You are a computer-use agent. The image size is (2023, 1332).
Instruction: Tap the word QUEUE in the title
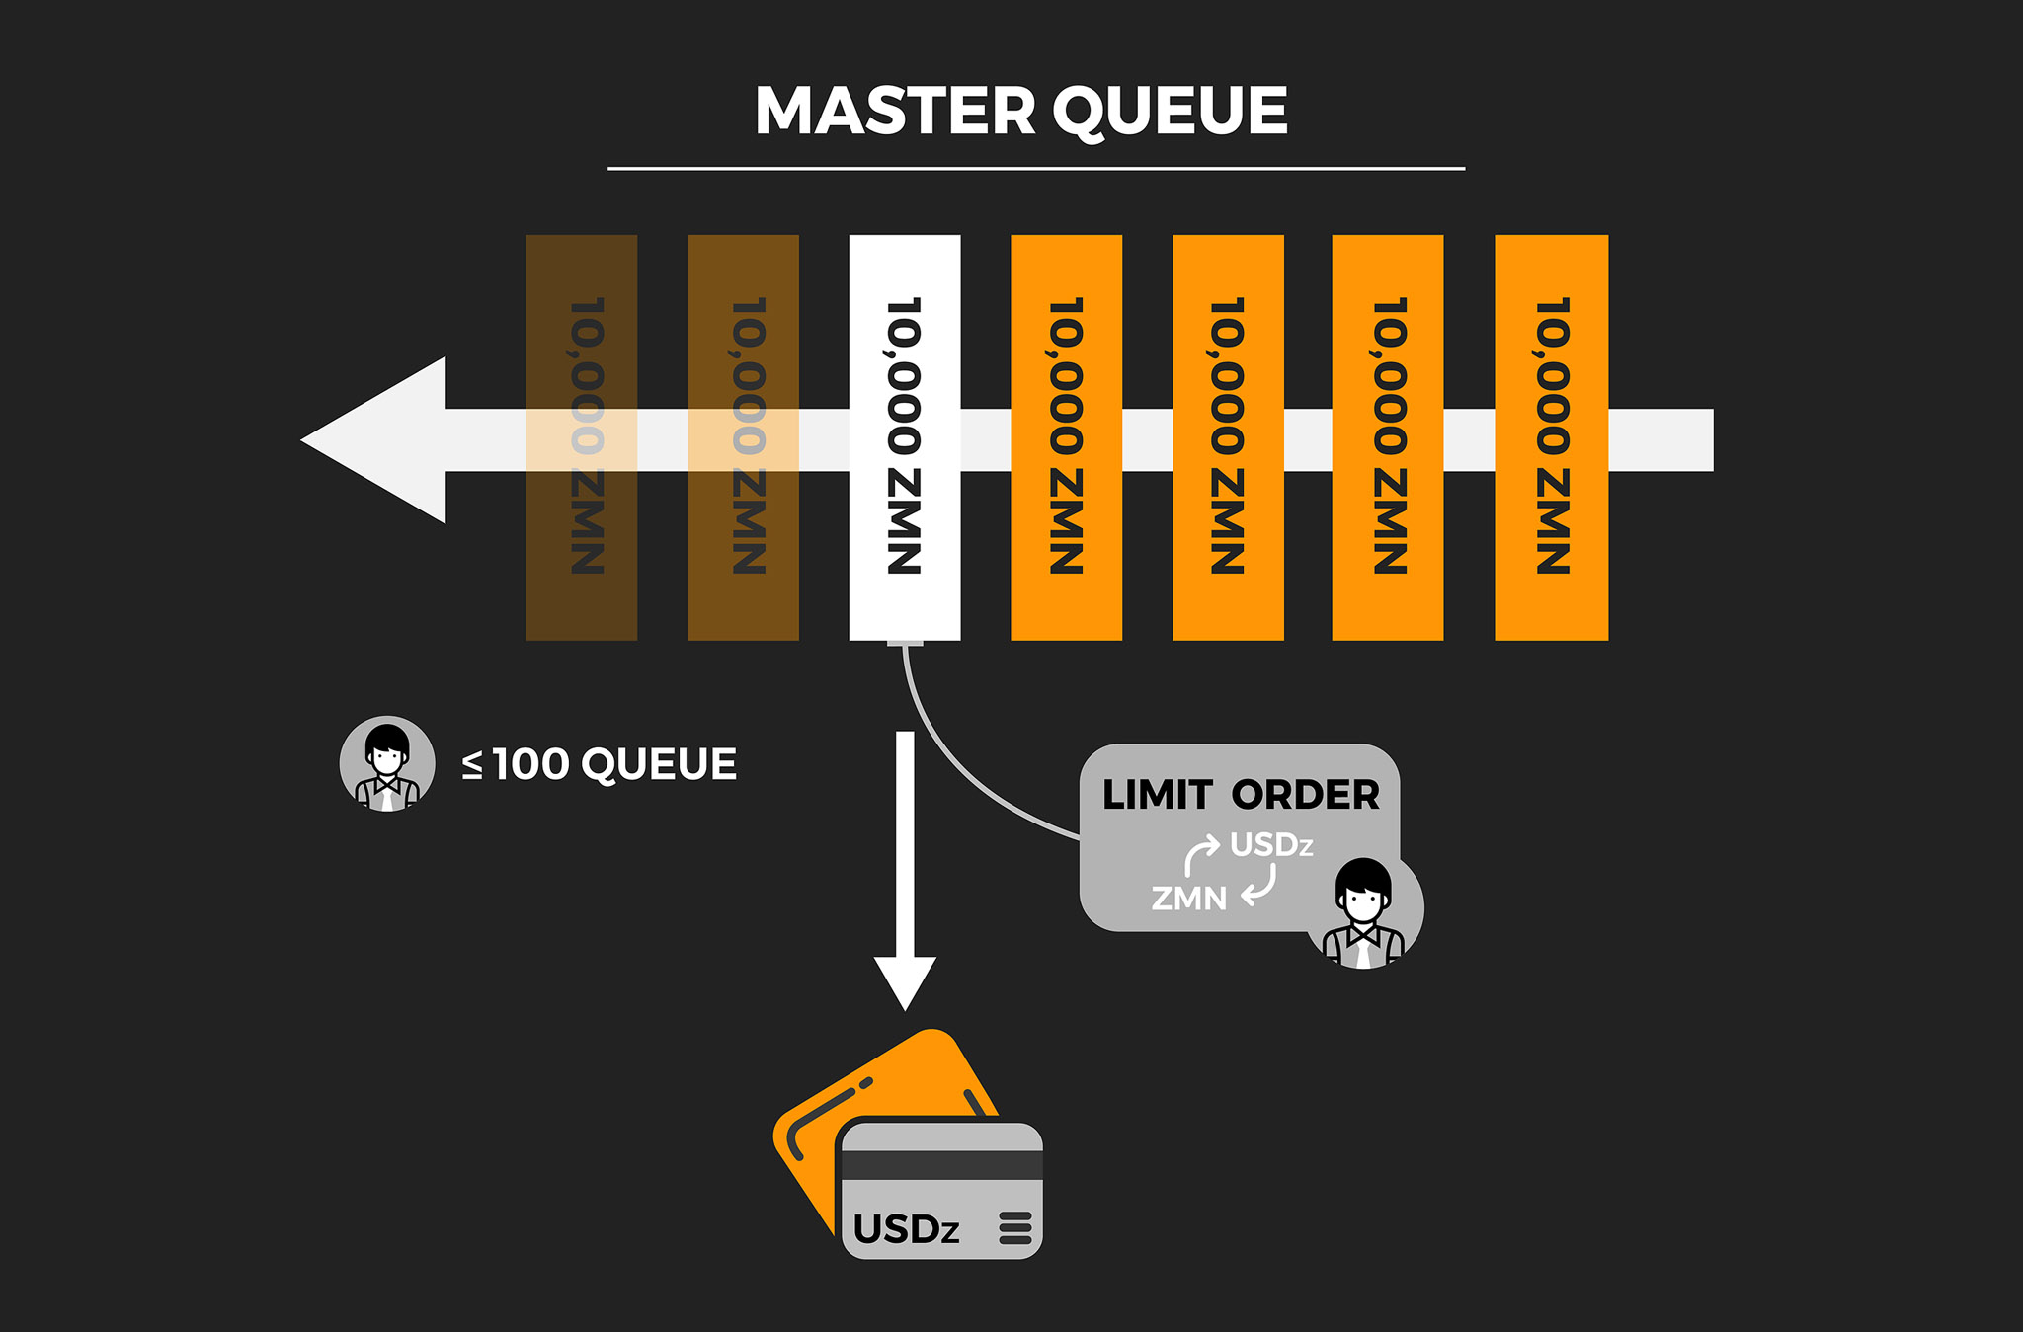(x=1171, y=111)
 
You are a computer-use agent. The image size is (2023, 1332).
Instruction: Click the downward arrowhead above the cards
(x=905, y=981)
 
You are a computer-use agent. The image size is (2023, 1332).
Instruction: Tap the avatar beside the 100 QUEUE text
(x=387, y=763)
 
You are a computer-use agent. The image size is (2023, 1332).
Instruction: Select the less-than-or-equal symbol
(x=473, y=765)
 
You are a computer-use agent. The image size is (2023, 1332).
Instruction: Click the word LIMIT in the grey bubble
(x=1157, y=795)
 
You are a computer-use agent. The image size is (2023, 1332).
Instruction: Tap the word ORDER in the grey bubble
(x=1305, y=795)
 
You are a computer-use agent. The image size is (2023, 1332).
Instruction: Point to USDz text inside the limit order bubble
(x=1271, y=845)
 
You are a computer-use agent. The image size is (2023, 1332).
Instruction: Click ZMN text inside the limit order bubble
(x=1189, y=899)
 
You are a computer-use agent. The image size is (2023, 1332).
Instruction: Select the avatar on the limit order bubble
(x=1363, y=913)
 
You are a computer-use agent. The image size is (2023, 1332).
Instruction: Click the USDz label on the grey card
(x=906, y=1229)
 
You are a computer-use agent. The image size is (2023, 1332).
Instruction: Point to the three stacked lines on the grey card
(x=1015, y=1228)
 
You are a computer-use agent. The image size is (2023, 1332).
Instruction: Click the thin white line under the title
(x=1035, y=169)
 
